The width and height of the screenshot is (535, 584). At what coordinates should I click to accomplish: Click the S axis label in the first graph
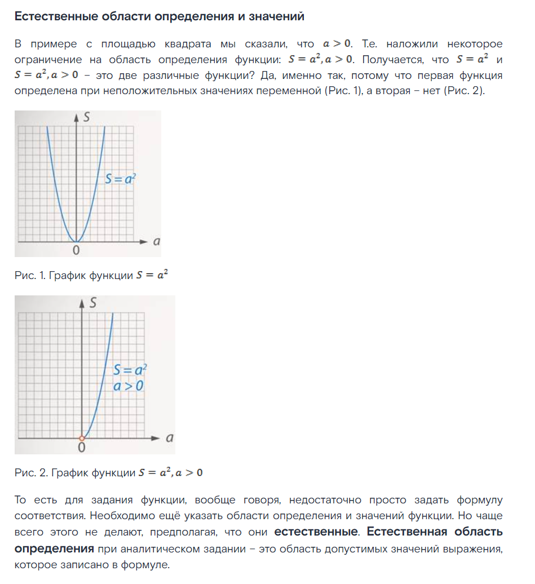click(86, 118)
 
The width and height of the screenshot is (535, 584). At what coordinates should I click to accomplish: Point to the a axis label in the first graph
click(156, 241)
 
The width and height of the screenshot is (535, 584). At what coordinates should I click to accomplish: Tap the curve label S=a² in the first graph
click(121, 179)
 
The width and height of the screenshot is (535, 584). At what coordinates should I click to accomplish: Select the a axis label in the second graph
click(169, 437)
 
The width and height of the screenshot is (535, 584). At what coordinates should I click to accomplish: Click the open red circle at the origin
click(82, 438)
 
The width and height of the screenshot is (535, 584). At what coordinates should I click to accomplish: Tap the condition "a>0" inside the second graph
click(129, 386)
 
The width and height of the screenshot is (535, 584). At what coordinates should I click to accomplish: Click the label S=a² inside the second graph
click(130, 370)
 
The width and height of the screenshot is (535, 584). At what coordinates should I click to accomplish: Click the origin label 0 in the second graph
click(82, 448)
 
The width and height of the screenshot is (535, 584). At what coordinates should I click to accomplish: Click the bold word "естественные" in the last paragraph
click(315, 532)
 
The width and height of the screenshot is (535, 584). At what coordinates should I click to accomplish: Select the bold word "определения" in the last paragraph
click(54, 548)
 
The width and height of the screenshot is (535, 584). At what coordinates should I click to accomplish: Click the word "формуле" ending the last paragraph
click(149, 564)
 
